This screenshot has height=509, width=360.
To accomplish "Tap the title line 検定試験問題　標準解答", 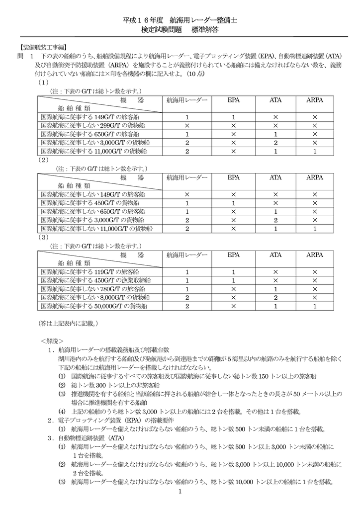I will pos(180,30).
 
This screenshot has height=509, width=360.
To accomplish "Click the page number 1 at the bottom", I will pos(180,492).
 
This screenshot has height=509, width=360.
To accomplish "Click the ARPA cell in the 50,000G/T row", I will pos(314,306).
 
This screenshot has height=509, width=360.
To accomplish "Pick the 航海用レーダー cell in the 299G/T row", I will pos(187,125).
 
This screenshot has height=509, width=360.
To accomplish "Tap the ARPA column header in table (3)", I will pos(314,255).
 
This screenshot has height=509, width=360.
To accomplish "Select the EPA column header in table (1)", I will pos(233,100).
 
